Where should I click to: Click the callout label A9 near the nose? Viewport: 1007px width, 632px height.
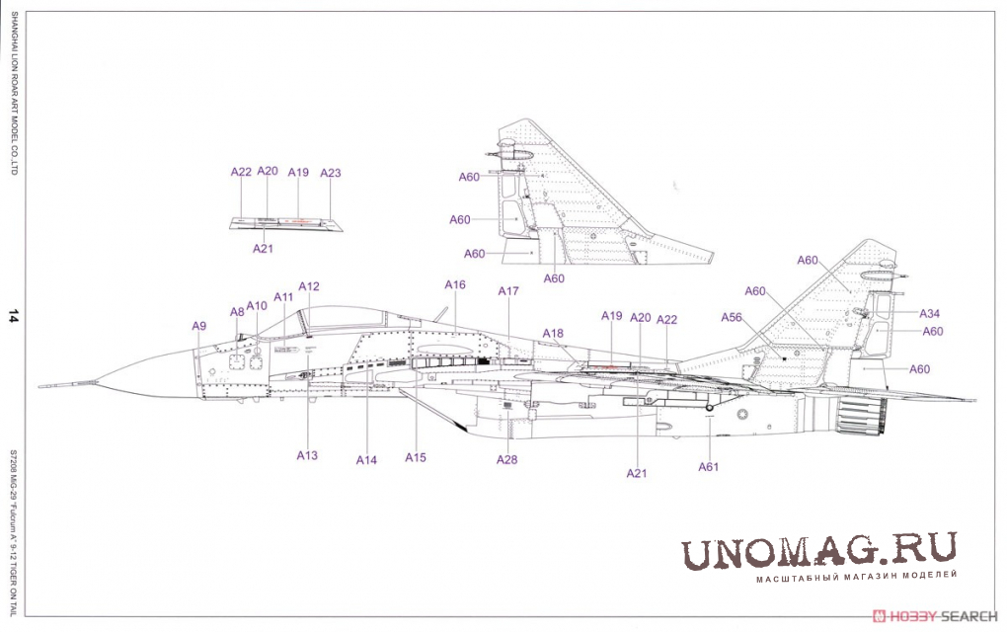(199, 326)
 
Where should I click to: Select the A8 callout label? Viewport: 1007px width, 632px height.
(237, 312)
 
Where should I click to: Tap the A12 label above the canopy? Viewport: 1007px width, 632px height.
(309, 286)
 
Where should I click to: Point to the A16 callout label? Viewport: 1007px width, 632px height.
(454, 284)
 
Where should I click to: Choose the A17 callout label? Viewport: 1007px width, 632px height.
(508, 291)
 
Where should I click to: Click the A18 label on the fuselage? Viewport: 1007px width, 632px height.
(553, 334)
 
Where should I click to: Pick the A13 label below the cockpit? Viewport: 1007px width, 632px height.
(307, 455)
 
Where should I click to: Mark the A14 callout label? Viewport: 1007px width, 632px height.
(367, 459)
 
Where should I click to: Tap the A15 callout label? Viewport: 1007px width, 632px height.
(416, 457)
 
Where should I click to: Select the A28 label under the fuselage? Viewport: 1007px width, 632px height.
(506, 459)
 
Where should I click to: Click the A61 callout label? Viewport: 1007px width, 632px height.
(708, 466)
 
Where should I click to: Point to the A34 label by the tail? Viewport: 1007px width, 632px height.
(930, 313)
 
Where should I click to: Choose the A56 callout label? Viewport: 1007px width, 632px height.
(732, 317)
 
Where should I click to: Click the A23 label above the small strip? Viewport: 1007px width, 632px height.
(331, 173)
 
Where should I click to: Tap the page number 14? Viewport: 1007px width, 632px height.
(13, 316)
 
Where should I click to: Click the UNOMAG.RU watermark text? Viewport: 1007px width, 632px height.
(818, 551)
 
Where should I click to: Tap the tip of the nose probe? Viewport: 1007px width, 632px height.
(39, 383)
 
